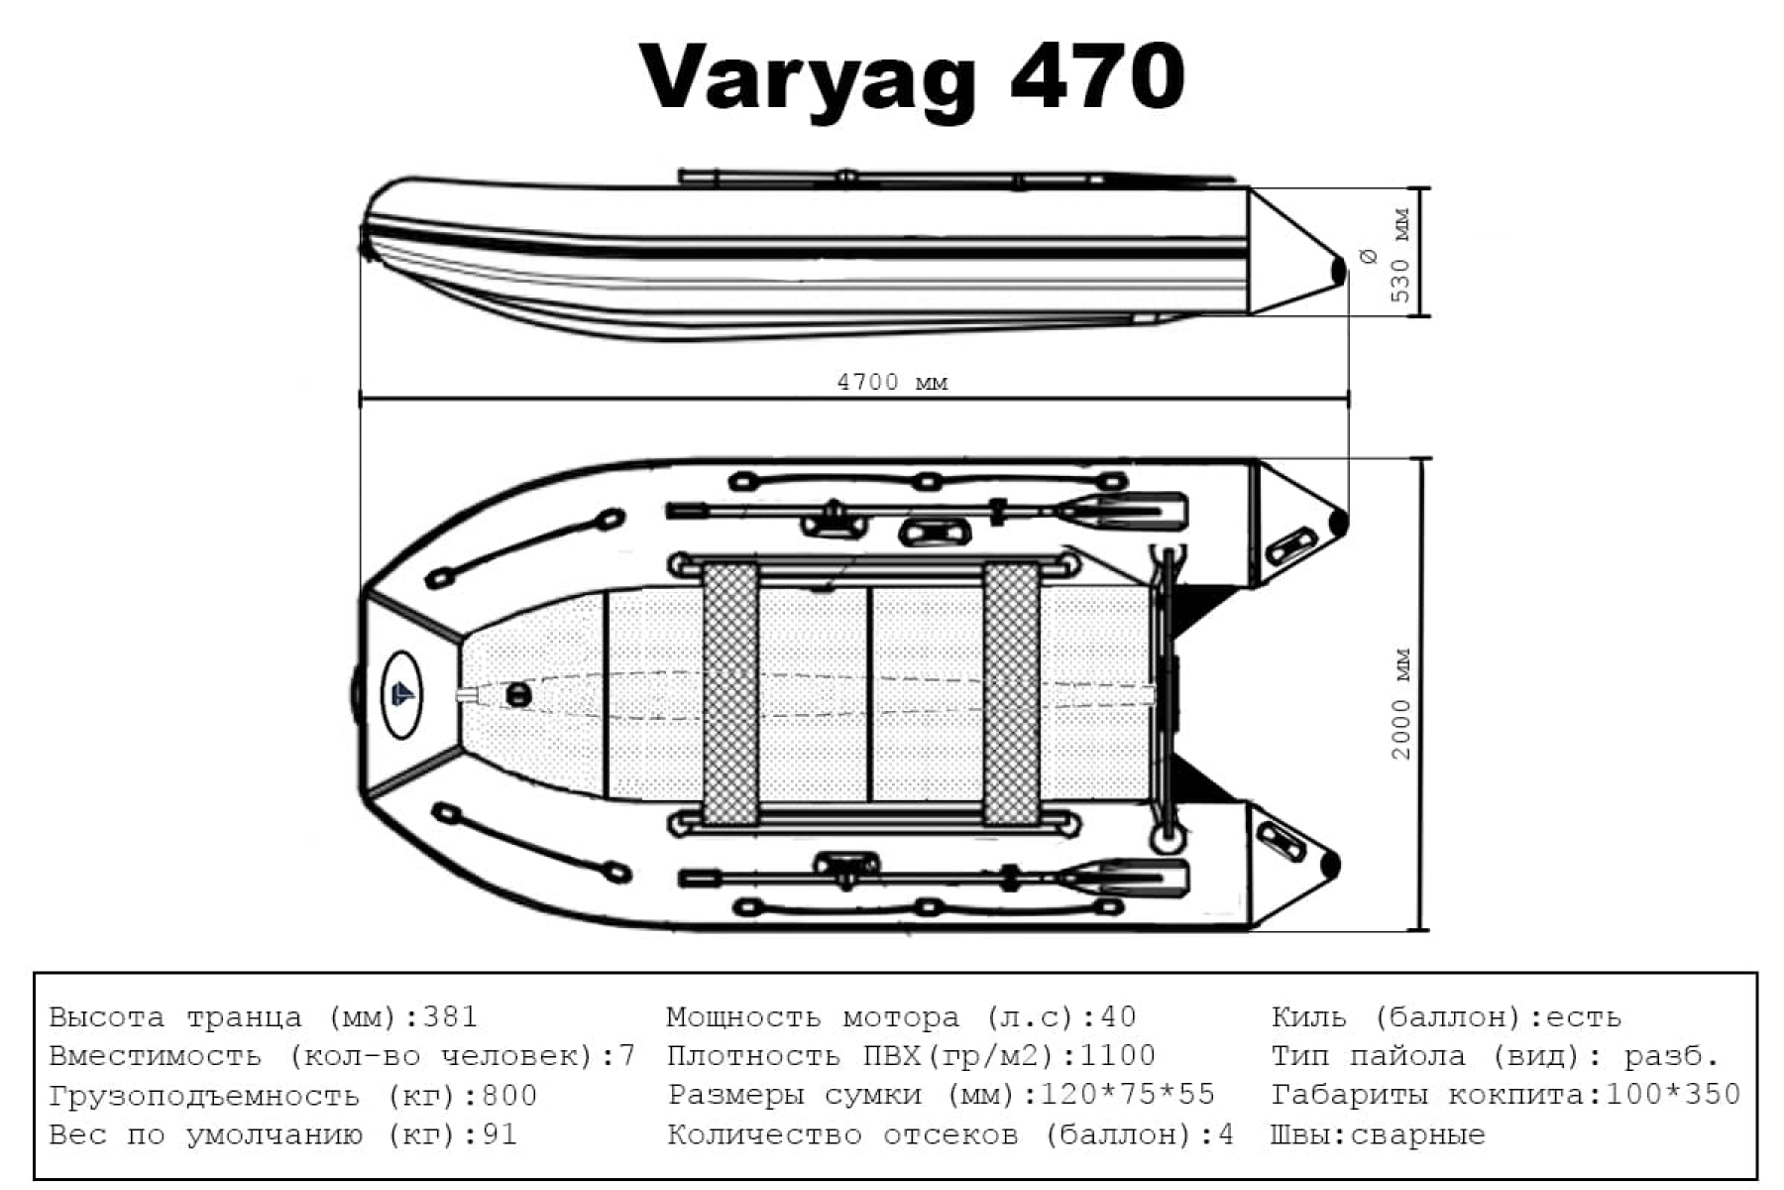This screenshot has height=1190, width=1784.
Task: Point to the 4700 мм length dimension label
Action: pos(892,383)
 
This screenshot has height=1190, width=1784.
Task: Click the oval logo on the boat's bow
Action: pos(401,694)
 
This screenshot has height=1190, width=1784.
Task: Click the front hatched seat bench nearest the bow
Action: pos(730,694)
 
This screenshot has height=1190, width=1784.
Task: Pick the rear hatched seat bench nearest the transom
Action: pos(1011,694)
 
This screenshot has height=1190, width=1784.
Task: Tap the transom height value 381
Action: pos(450,1017)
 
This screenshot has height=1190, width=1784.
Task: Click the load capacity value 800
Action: pos(508,1096)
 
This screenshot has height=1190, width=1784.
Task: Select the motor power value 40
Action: pos(1118,1017)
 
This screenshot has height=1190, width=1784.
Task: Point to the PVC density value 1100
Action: pos(1116,1056)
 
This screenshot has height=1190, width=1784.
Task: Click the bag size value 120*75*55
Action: pos(1128,1095)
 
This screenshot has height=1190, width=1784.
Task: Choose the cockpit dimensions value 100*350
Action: pos(1672,1095)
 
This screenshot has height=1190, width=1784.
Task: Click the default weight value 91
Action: pos(500,1134)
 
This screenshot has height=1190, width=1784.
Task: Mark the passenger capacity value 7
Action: pos(626,1056)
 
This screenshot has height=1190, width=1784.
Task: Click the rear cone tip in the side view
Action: pos(1338,269)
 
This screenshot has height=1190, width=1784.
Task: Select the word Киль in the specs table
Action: pos(1308,1017)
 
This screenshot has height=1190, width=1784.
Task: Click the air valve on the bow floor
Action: pos(518,694)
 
